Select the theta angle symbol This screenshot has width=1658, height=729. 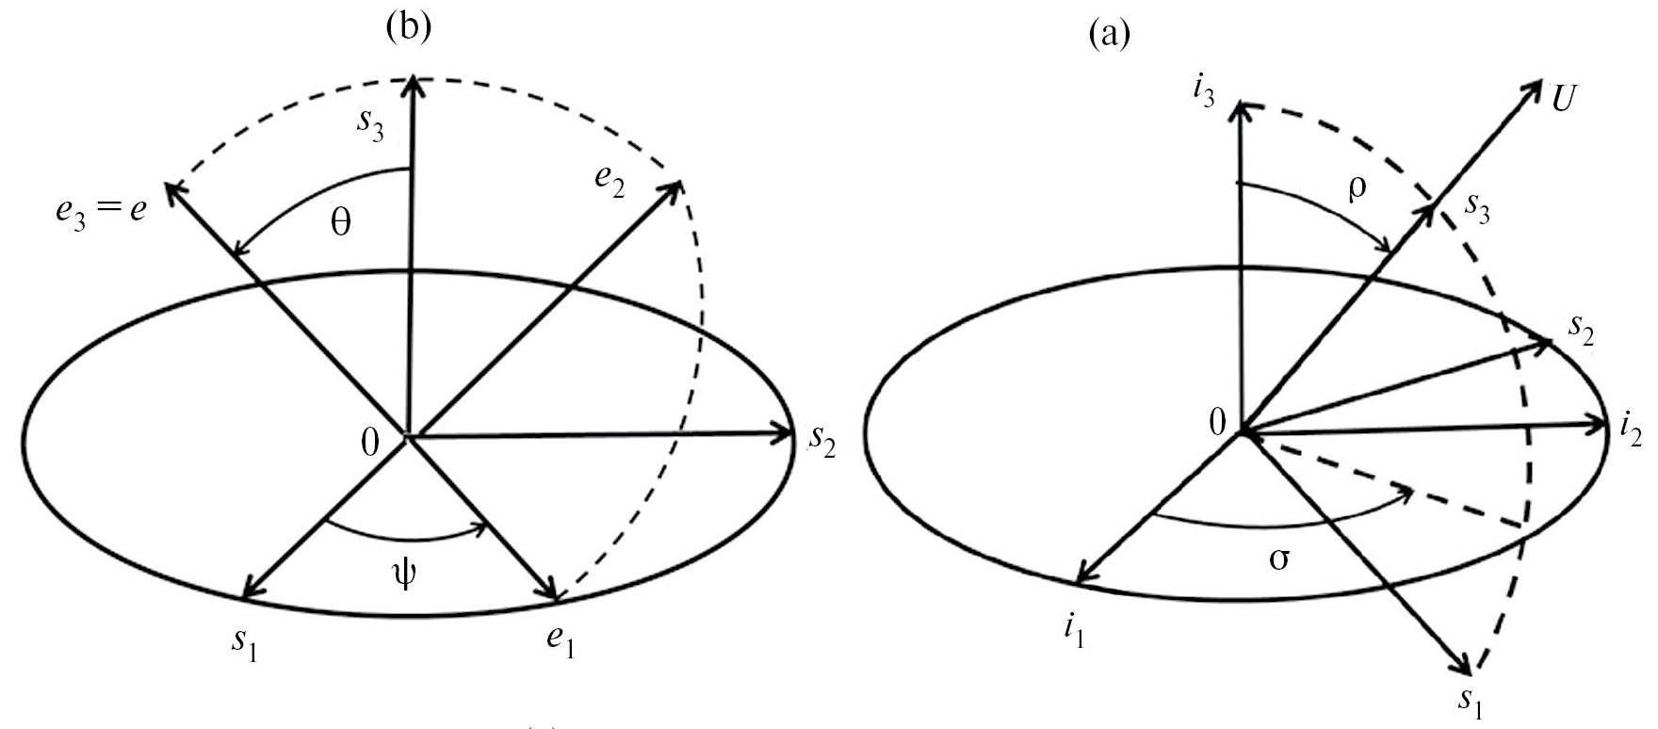tap(341, 226)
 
